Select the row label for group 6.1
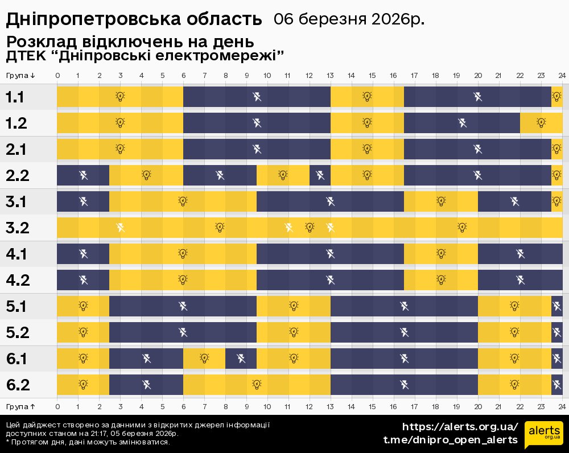click(x=18, y=359)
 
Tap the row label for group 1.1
click(x=15, y=97)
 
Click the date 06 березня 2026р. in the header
click(x=349, y=19)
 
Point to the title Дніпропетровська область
click(x=134, y=19)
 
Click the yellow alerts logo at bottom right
click(x=543, y=435)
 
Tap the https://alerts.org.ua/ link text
click(x=460, y=427)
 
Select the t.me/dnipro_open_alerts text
click(x=450, y=440)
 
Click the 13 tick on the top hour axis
click(x=330, y=76)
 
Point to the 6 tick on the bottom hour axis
click(x=183, y=406)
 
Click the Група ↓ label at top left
click(x=21, y=76)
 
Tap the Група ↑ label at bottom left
click(x=21, y=406)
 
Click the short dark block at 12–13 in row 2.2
click(x=320, y=175)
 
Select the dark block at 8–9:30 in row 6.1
click(x=241, y=359)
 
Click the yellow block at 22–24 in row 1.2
click(x=541, y=123)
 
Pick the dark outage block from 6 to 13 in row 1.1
click(x=257, y=97)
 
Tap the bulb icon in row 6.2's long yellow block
click(x=257, y=385)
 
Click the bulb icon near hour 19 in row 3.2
click(x=462, y=228)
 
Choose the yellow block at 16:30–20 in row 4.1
click(x=441, y=254)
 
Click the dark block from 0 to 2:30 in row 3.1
click(x=83, y=201)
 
